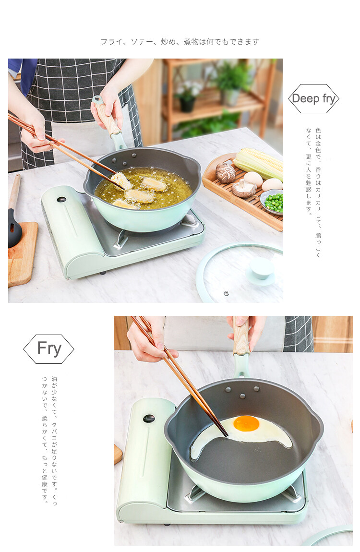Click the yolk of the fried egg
(x=246, y=423)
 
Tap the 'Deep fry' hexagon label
(x=313, y=98)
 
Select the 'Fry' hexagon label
(x=48, y=349)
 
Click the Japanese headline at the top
(x=180, y=42)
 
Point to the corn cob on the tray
(x=259, y=163)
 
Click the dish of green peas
(x=273, y=202)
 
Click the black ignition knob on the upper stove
(x=61, y=200)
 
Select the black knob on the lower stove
(x=149, y=418)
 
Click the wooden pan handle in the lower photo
(x=241, y=336)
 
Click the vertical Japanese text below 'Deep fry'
(x=313, y=192)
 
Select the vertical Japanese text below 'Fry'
(x=49, y=441)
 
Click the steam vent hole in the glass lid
(x=226, y=293)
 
